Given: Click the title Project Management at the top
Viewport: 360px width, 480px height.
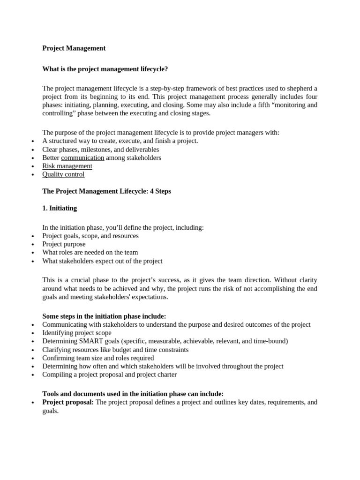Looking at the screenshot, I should click(74, 48).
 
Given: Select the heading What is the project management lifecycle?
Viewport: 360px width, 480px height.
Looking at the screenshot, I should click(105, 69).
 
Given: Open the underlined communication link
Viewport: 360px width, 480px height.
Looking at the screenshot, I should click(82, 157).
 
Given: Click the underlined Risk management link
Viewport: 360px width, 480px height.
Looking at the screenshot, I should click(67, 166).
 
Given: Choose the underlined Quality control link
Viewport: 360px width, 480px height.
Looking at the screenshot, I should click(63, 174).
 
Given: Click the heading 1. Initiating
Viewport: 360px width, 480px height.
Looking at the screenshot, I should click(60, 208).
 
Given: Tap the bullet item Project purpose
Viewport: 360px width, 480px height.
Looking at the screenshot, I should click(64, 244).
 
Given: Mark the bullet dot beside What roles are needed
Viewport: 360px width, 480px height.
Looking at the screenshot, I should click(32, 253).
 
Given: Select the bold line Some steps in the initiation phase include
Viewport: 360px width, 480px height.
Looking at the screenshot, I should click(104, 316).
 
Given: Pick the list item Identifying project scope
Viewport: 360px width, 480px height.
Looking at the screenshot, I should click(77, 333).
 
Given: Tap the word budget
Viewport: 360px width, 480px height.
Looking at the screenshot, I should click(120, 350).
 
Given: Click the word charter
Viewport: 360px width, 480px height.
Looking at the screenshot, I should click(165, 375).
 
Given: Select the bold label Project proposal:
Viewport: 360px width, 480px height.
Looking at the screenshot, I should click(68, 402).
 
